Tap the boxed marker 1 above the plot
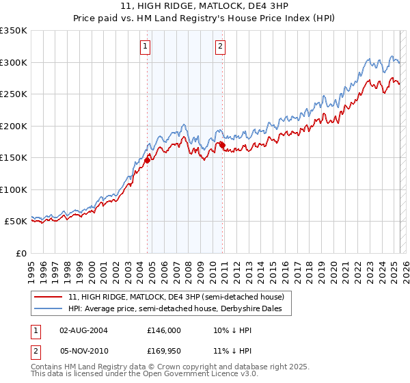(x=147, y=47)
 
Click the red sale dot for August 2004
(x=147, y=161)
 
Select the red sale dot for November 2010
(x=222, y=145)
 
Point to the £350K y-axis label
(x=14, y=31)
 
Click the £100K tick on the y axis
(x=14, y=189)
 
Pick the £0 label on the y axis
(x=20, y=253)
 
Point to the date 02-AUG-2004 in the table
(x=84, y=330)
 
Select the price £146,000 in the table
(x=164, y=330)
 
